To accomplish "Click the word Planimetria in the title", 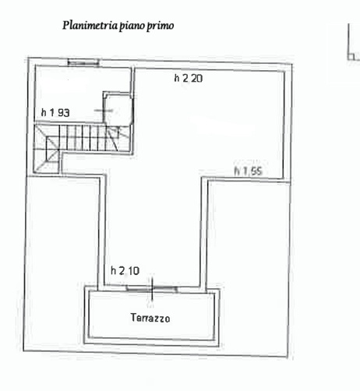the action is pyautogui.click(x=90, y=26).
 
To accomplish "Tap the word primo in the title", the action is pyautogui.click(x=161, y=26).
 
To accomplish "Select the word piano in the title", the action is pyautogui.click(x=132, y=26).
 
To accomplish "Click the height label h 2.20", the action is pyautogui.click(x=189, y=78).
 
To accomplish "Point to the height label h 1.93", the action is pyautogui.click(x=55, y=113).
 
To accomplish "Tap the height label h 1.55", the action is pyautogui.click(x=249, y=171).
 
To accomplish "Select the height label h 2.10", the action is pyautogui.click(x=125, y=271).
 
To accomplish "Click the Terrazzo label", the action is pyautogui.click(x=150, y=318).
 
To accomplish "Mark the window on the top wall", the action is pyautogui.click(x=83, y=62).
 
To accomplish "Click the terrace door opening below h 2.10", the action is pyautogui.click(x=152, y=288).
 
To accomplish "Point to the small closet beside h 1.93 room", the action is pyautogui.click(x=118, y=108).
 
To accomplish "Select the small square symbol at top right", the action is pyautogui.click(x=351, y=57).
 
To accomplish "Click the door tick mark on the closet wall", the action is pyautogui.click(x=104, y=111).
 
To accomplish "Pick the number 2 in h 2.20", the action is pyautogui.click(x=185, y=78).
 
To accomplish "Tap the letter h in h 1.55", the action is pyautogui.click(x=237, y=171).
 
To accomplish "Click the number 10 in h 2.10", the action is pyautogui.click(x=133, y=271).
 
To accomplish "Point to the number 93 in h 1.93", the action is pyautogui.click(x=64, y=113).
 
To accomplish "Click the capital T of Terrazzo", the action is pyautogui.click(x=133, y=318).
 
